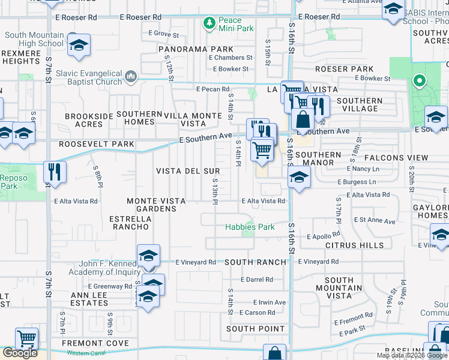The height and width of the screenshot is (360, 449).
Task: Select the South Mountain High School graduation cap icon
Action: [x=79, y=47]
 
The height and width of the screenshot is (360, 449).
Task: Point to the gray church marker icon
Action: [x=131, y=76]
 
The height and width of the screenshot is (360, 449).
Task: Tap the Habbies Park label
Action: [x=249, y=227]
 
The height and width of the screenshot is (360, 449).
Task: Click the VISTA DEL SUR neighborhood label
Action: [x=188, y=171]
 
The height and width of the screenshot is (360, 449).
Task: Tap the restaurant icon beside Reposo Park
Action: [x=55, y=172]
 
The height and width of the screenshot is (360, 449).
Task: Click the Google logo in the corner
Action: [x=20, y=352]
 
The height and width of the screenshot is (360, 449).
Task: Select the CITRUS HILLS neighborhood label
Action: [x=354, y=245]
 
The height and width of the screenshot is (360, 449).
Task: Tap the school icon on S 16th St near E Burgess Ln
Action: [x=298, y=178]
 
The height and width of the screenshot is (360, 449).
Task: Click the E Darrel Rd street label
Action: [x=256, y=280]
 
